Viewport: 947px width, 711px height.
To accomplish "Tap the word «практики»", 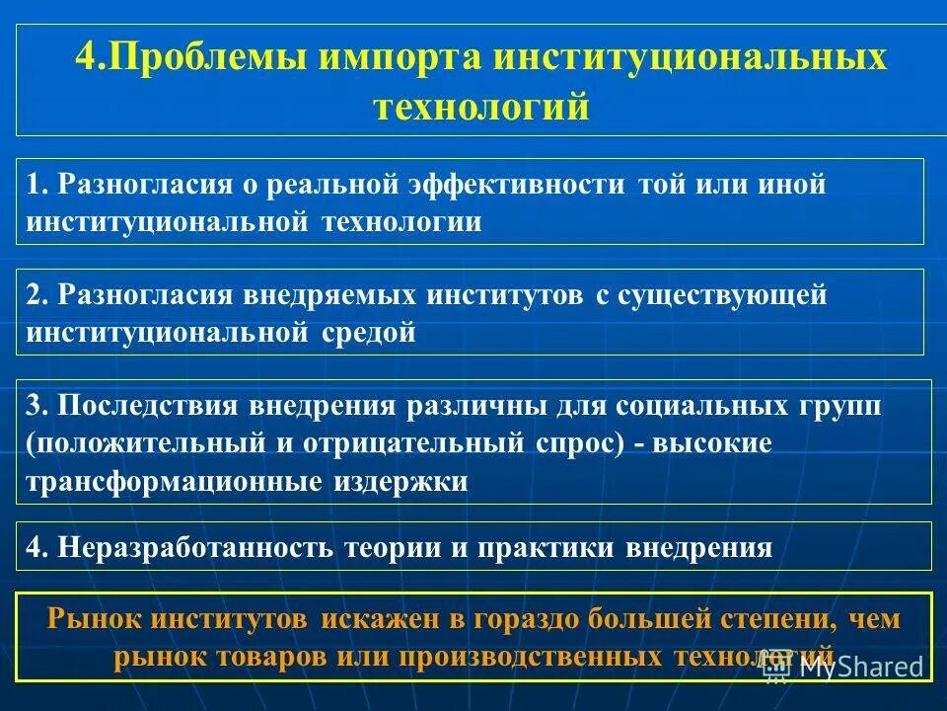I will click(557, 548).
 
